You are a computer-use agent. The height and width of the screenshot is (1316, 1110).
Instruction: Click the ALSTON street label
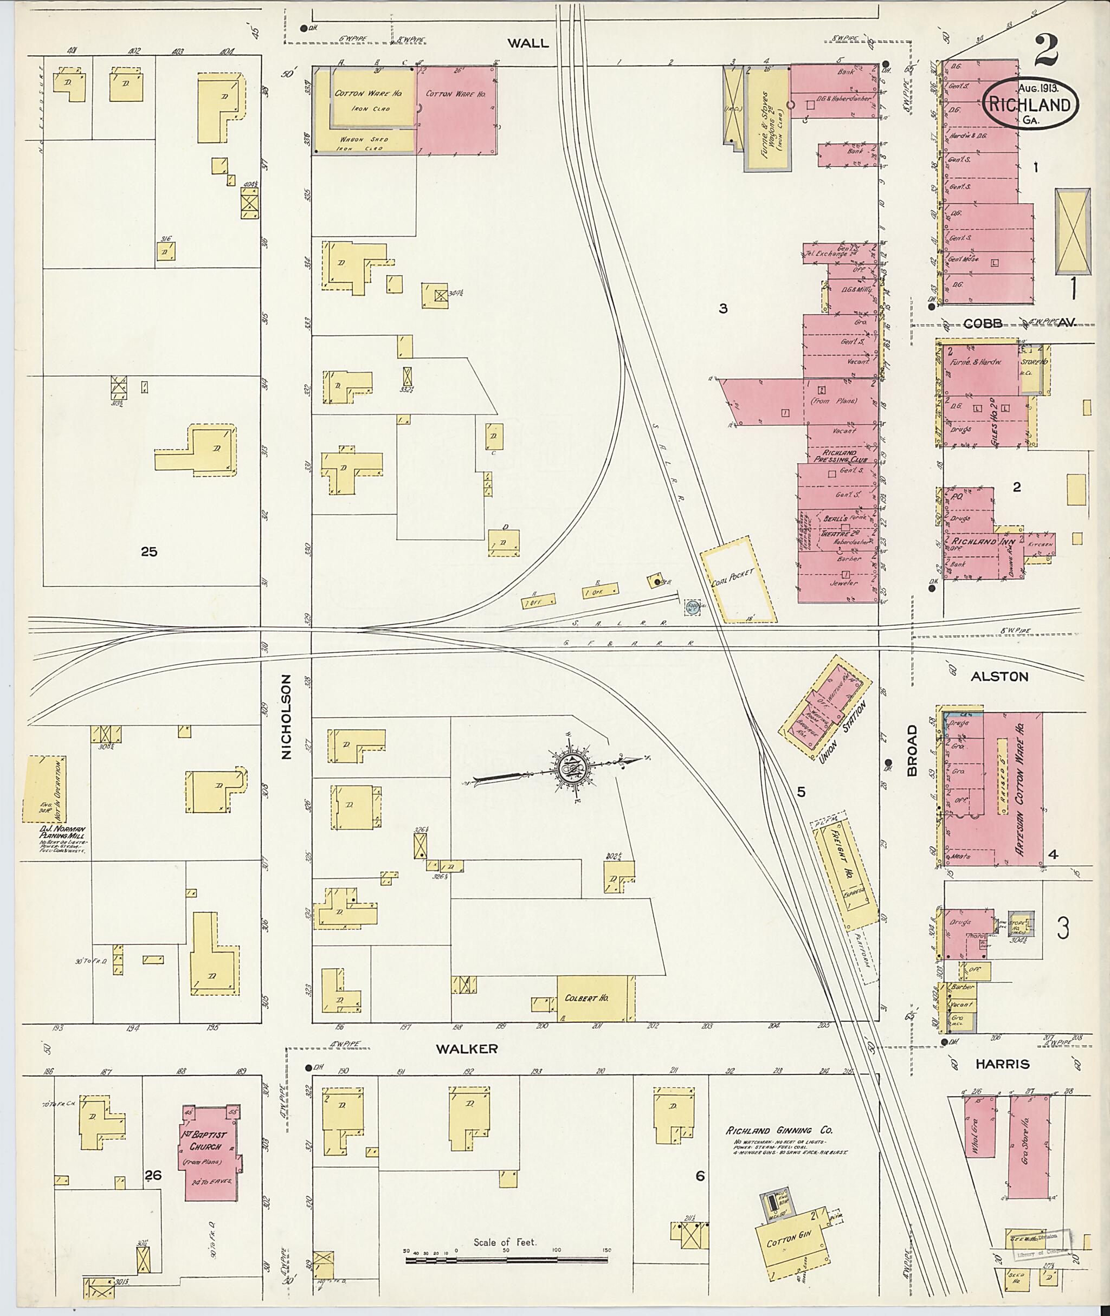[999, 677]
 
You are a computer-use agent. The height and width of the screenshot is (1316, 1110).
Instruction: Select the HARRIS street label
[1002, 1064]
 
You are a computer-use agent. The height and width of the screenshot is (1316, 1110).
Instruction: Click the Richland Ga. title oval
[1030, 105]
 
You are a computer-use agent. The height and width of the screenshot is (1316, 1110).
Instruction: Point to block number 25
[149, 552]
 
